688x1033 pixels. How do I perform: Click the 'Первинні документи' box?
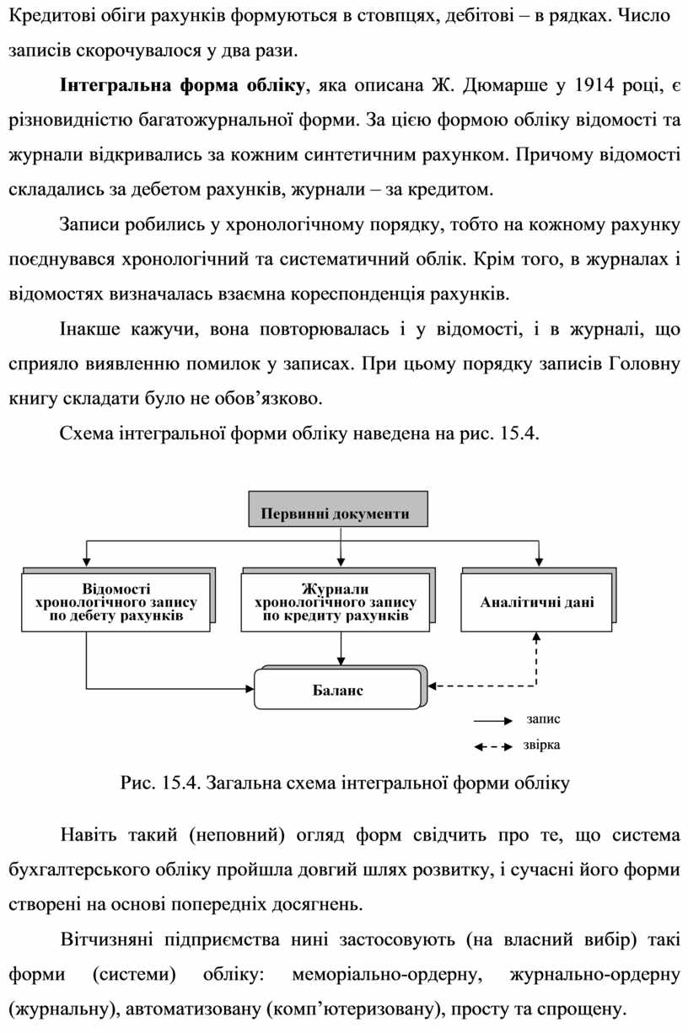(x=335, y=513)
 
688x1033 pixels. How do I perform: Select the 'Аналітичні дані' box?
(x=536, y=602)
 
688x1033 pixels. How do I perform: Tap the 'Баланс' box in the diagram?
(x=336, y=690)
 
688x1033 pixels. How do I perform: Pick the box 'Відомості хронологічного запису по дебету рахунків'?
(x=116, y=602)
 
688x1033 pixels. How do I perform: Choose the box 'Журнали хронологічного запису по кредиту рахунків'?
(x=335, y=602)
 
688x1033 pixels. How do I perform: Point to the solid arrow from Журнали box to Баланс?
(x=340, y=650)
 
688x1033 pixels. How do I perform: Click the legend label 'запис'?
(x=543, y=719)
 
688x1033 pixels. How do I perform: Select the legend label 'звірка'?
(x=541, y=745)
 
